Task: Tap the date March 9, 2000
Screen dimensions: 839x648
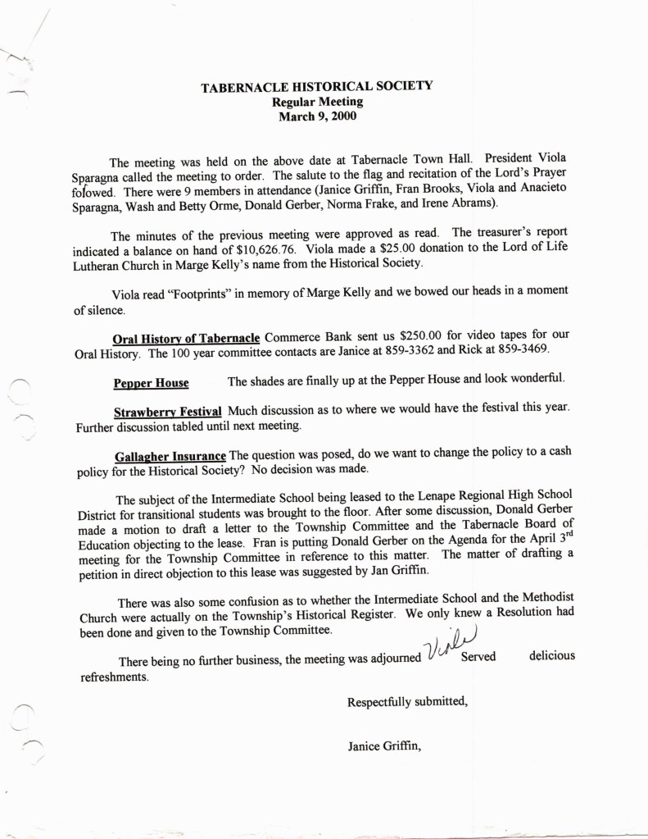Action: (x=317, y=116)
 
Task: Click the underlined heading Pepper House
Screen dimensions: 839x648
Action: (x=151, y=383)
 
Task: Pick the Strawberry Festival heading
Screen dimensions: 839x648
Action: (x=168, y=411)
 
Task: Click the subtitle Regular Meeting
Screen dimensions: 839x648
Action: (x=317, y=102)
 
